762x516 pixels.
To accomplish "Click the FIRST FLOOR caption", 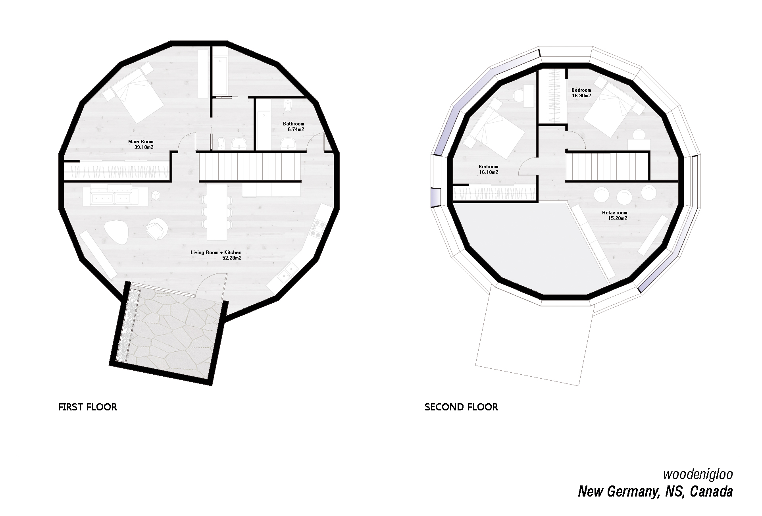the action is point(87,407).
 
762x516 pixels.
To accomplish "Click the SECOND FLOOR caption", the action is point(461,407).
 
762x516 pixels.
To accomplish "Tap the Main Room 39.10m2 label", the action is point(140,144).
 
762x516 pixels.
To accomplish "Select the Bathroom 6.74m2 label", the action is point(293,126).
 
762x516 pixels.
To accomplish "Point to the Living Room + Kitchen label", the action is point(216,255).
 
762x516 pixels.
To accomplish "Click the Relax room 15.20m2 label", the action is point(615,215).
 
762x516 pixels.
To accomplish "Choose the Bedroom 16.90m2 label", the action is point(581,92).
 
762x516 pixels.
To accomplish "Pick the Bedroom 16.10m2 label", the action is point(488,169).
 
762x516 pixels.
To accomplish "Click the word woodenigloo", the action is point(698,474).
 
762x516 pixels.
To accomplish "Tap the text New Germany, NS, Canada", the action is point(655,491).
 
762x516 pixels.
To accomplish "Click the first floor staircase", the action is point(250,167).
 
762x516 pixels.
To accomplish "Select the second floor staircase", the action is point(607,167).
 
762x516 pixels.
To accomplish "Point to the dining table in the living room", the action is point(216,212).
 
